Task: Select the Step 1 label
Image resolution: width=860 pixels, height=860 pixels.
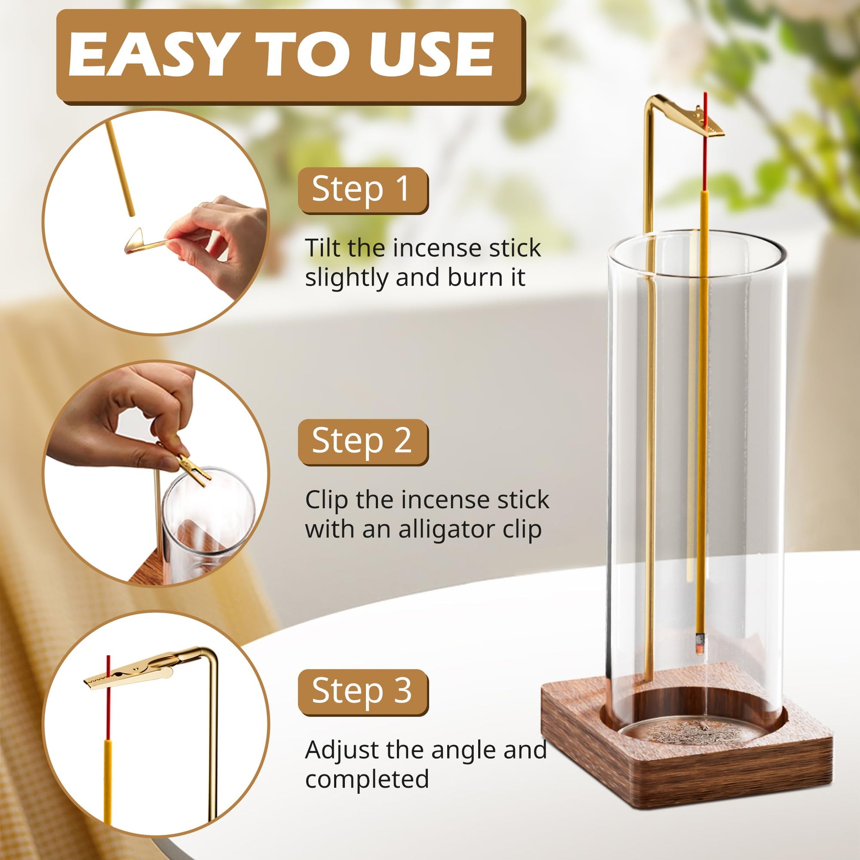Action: click(362, 190)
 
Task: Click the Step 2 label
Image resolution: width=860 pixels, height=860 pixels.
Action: click(362, 441)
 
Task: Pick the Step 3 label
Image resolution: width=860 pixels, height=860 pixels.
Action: click(362, 692)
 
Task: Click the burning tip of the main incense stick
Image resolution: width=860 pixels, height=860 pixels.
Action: click(700, 643)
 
